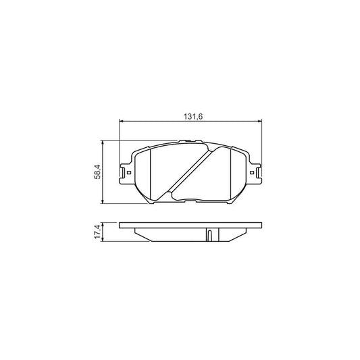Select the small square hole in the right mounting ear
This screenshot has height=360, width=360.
(258, 174)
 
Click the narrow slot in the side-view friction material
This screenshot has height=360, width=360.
(210, 235)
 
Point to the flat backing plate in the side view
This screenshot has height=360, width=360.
(190, 226)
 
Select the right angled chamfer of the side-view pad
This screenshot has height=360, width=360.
(241, 234)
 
